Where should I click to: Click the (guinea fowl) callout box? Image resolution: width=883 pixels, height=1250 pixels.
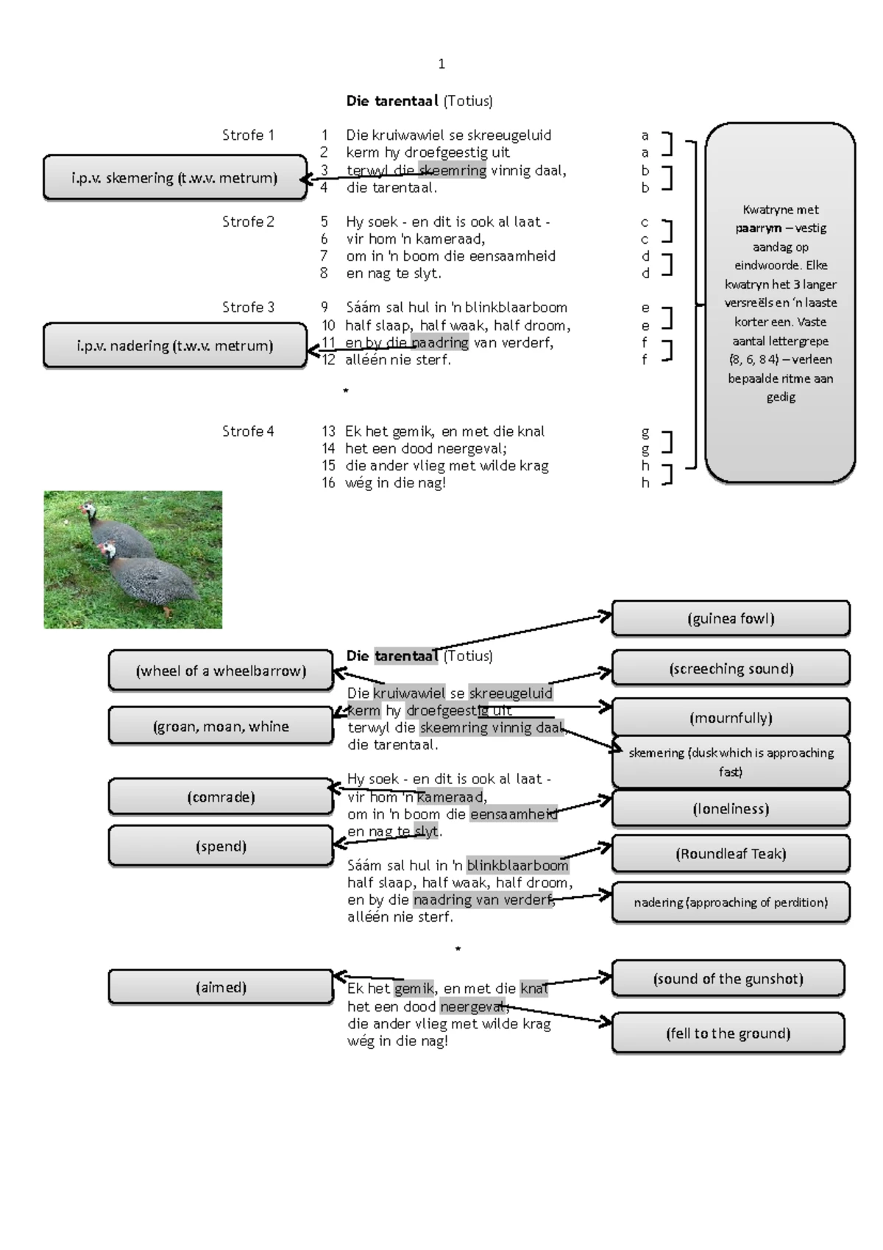click(x=731, y=618)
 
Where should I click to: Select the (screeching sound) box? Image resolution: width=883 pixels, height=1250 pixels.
click(x=731, y=668)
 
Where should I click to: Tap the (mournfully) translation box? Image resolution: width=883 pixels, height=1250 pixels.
click(x=731, y=718)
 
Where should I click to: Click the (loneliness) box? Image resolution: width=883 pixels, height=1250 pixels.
click(x=731, y=809)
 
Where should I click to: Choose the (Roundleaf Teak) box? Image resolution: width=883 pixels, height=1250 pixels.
click(x=731, y=854)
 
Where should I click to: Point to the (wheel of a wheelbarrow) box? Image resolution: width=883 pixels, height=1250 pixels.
click(x=221, y=671)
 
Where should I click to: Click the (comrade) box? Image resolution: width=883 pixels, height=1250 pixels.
click(x=221, y=797)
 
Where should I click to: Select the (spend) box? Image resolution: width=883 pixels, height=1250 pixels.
click(x=221, y=847)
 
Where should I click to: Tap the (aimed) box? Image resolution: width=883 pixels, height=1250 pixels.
click(x=221, y=987)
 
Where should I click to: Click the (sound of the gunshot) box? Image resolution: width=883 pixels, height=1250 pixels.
click(x=728, y=978)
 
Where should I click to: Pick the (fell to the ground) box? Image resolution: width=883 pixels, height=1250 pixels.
click(x=728, y=1033)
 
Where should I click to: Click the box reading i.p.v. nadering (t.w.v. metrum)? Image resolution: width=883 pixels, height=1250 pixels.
click(x=175, y=345)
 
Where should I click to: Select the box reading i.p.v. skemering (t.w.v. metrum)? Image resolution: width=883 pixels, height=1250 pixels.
click(x=175, y=177)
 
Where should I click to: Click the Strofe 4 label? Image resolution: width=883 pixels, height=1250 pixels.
click(x=248, y=431)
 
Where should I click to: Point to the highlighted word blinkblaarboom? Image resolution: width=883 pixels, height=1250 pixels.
click(x=517, y=865)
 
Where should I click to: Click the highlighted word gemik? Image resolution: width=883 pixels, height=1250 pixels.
click(x=414, y=989)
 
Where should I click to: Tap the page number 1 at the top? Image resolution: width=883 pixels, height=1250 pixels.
click(x=441, y=64)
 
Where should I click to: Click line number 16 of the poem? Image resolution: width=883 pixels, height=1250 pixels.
click(x=328, y=483)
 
